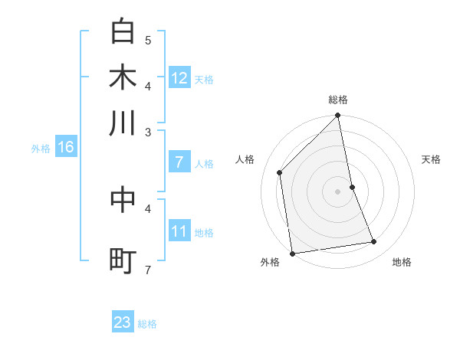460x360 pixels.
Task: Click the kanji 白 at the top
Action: [123, 32]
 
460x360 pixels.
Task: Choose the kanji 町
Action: [123, 260]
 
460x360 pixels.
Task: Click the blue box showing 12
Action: [179, 78]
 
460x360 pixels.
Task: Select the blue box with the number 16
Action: [65, 148]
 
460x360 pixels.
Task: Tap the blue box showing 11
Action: [179, 231]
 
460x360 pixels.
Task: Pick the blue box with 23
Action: [123, 322]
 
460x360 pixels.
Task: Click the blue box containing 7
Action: [179, 162]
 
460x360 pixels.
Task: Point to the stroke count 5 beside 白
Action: [148, 40]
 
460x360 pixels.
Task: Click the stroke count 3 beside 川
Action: [148, 132]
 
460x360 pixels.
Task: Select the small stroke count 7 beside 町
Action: [148, 270]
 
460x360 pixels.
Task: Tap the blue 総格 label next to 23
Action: [147, 324]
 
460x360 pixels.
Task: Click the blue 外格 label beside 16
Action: [41, 149]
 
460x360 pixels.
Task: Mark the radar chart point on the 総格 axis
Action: [337, 116]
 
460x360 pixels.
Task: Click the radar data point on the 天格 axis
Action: [352, 186]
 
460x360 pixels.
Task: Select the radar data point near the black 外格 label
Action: [292, 253]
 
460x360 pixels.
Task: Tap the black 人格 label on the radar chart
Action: [245, 159]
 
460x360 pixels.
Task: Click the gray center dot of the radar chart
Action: [337, 191]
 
